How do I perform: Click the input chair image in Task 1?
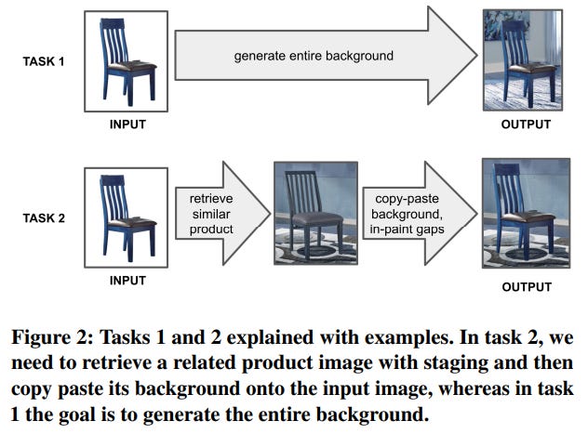coord(126,60)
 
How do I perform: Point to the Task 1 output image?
coord(523,59)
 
